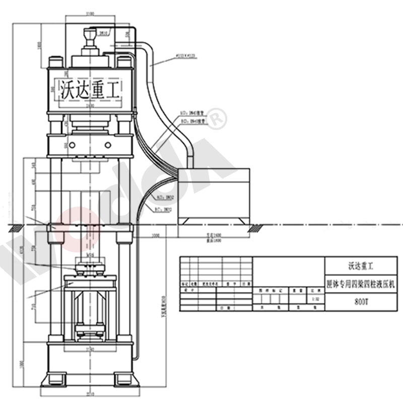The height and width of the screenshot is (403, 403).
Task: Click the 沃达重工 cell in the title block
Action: point(361,265)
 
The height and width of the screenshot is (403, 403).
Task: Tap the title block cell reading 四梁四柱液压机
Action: point(361,284)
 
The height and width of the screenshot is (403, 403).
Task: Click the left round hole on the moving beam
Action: point(72,145)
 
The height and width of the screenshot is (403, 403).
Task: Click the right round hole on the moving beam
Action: point(108,145)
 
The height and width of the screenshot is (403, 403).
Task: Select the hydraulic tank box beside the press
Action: point(214,191)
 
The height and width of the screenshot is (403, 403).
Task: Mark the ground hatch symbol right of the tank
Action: point(256,228)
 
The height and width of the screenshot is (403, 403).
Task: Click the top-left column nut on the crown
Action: point(55,62)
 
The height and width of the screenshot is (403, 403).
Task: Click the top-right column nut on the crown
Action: point(124,62)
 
